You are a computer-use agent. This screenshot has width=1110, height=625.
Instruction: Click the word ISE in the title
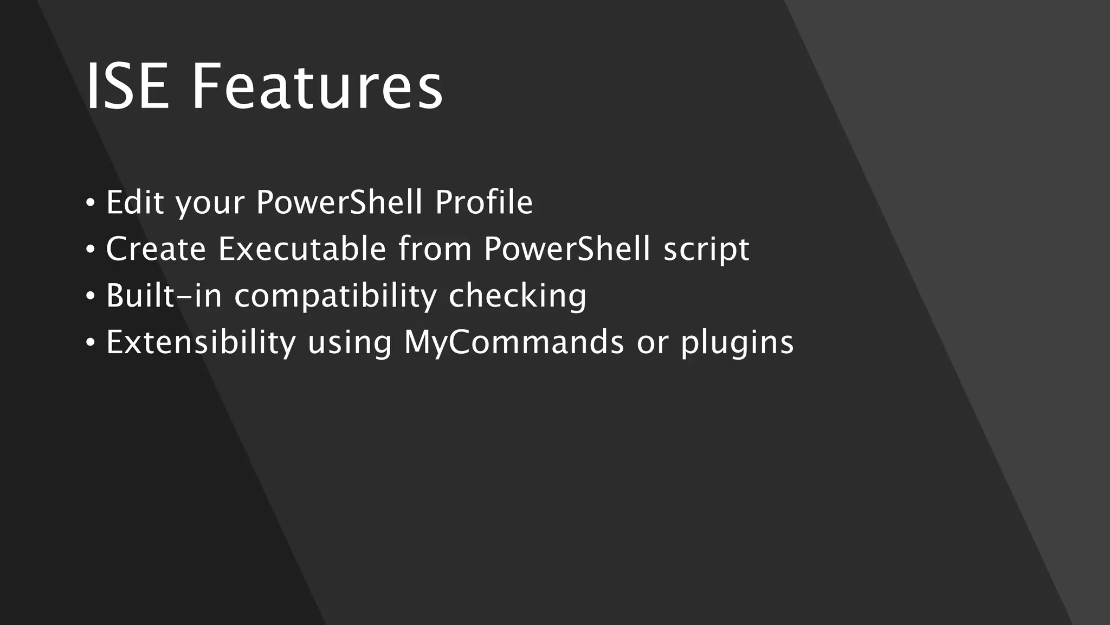pos(127,87)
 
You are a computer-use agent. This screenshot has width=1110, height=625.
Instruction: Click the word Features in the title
pos(317,87)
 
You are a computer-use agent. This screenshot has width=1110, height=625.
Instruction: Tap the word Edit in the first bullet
pos(135,202)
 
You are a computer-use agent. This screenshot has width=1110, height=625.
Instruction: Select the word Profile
pos(484,202)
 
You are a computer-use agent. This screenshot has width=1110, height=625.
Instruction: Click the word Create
pos(156,249)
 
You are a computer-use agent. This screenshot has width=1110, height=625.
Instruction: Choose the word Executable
pos(302,249)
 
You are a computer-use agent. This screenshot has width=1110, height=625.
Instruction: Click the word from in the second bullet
pos(435,249)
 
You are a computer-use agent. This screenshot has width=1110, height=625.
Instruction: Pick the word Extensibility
pos(201,343)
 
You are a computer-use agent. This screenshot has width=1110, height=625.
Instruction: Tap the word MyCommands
pos(514,343)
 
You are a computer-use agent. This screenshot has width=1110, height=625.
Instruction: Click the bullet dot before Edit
pos(90,203)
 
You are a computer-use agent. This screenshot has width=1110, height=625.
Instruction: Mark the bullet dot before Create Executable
pos(90,250)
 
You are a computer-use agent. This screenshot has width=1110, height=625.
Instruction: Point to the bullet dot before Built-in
pos(90,297)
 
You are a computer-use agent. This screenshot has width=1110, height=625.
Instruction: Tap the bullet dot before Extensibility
pos(90,343)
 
